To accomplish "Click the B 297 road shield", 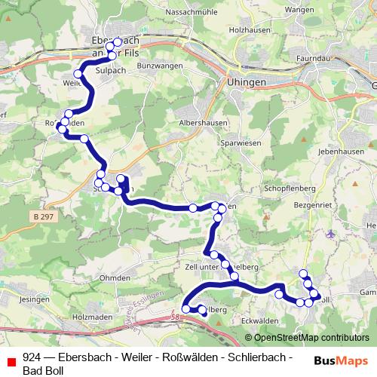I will (x=44, y=216).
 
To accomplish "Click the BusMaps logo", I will (x=341, y=360).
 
